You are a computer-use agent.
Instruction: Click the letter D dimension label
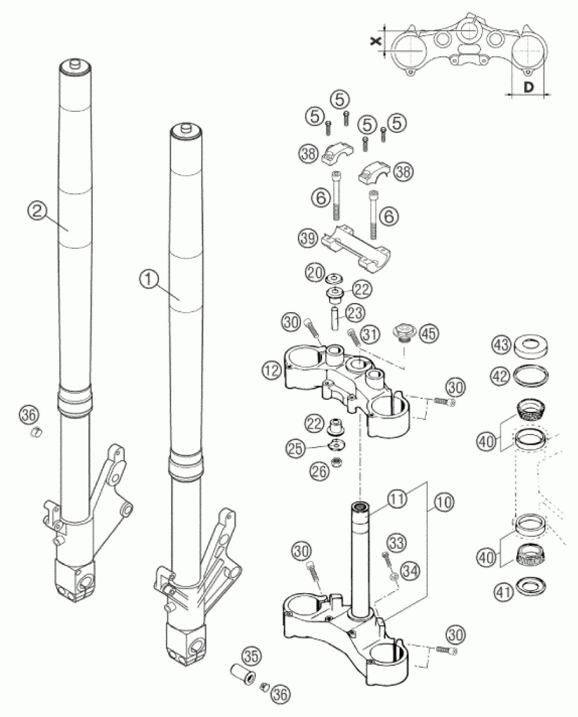tap(527, 88)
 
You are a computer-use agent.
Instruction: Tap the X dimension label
tap(375, 41)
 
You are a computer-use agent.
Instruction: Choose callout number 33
tap(397, 543)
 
